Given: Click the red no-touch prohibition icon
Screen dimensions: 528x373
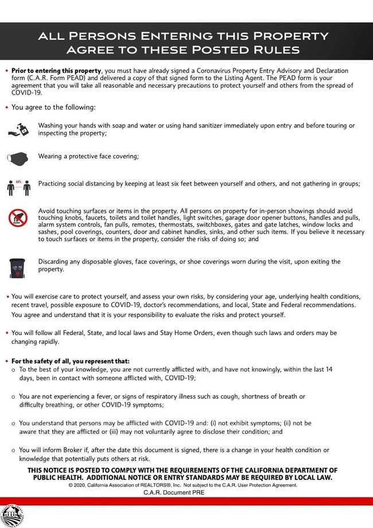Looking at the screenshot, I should point(17,218).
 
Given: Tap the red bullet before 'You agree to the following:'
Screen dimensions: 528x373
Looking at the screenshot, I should point(6,107).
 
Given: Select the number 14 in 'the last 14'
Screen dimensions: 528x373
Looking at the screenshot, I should point(328,370).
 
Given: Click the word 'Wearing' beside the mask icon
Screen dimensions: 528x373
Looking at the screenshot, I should point(52,156).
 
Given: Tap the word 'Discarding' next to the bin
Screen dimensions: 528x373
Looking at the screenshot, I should point(56,262).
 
